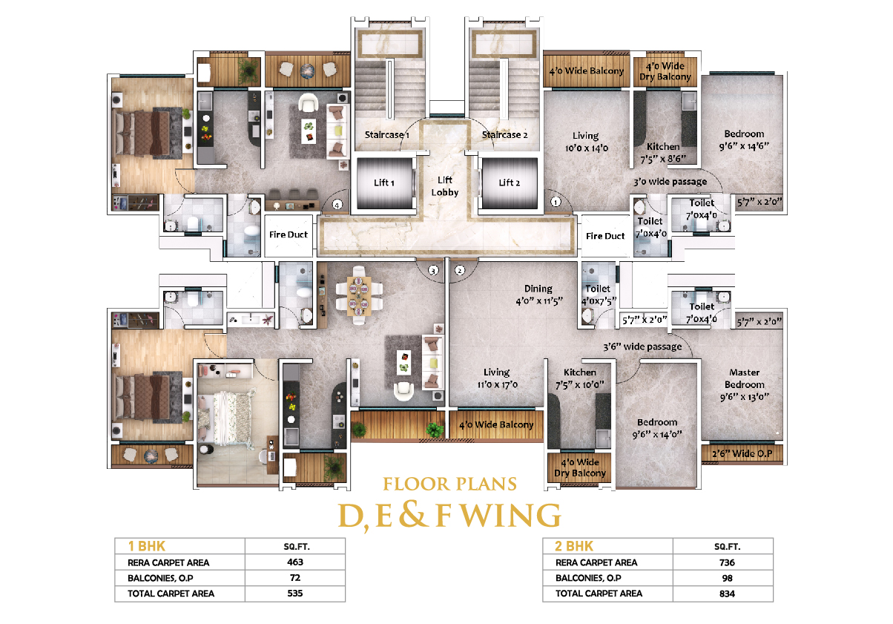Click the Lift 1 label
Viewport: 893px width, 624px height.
point(384,183)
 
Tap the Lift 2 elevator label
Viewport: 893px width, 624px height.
point(509,183)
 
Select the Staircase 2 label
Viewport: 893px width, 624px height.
point(504,135)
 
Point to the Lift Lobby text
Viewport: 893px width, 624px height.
point(445,185)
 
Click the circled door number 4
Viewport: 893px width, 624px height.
point(337,205)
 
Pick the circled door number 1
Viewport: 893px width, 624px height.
point(556,202)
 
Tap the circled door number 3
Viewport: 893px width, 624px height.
point(433,270)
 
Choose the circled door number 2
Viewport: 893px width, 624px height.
point(460,270)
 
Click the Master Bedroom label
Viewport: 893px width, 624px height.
point(745,378)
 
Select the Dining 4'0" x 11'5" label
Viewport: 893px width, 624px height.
point(538,295)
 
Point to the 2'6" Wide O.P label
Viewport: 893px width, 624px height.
point(742,453)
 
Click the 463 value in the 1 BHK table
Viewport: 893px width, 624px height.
point(295,562)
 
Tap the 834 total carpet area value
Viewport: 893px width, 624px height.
point(727,594)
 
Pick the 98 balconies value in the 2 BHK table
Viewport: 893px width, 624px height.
point(727,578)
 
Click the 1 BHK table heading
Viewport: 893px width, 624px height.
point(146,546)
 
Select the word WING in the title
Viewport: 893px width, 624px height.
point(512,515)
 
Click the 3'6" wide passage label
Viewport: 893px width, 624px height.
point(642,347)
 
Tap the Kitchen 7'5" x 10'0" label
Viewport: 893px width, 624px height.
point(580,378)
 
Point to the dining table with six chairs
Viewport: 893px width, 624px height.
point(359,295)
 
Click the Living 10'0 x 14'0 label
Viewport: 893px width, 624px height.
point(586,142)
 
